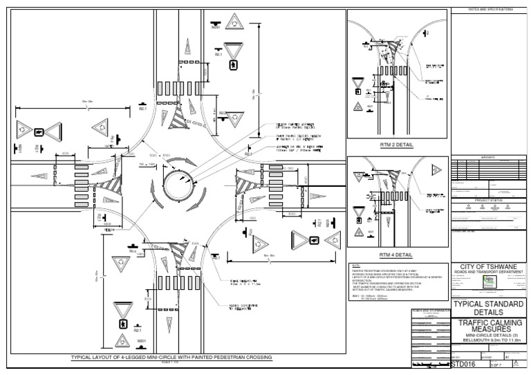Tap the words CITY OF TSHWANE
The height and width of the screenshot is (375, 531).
click(x=487, y=267)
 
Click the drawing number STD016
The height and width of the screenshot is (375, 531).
click(x=463, y=363)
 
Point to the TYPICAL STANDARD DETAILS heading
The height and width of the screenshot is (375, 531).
click(x=487, y=308)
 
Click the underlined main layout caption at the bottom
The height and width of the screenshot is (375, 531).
click(x=172, y=357)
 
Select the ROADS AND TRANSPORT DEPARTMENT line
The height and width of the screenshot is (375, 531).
click(x=487, y=273)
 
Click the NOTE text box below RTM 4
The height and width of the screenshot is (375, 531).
click(x=398, y=280)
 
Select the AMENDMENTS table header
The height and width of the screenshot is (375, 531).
click(x=487, y=157)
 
